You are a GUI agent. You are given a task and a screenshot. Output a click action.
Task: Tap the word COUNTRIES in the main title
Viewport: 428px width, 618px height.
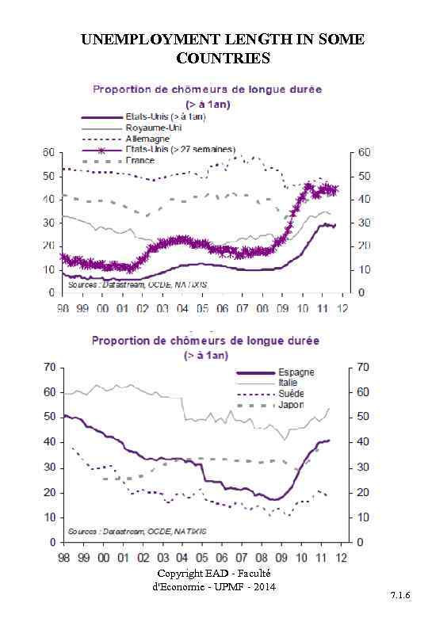[x=223, y=59]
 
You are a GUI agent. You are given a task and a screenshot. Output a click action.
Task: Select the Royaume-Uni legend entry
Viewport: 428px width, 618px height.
[x=151, y=128]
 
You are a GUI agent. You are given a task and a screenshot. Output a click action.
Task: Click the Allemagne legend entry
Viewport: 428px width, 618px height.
[x=147, y=139]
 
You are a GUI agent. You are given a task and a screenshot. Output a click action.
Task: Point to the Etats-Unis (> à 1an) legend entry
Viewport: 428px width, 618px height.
[x=165, y=117]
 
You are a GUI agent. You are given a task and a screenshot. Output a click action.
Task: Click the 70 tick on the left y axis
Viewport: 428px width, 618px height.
[x=48, y=367]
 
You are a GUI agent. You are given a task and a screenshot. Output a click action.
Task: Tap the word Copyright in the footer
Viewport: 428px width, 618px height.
[x=179, y=574]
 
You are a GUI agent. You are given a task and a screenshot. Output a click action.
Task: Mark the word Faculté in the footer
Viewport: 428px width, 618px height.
[x=254, y=574]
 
